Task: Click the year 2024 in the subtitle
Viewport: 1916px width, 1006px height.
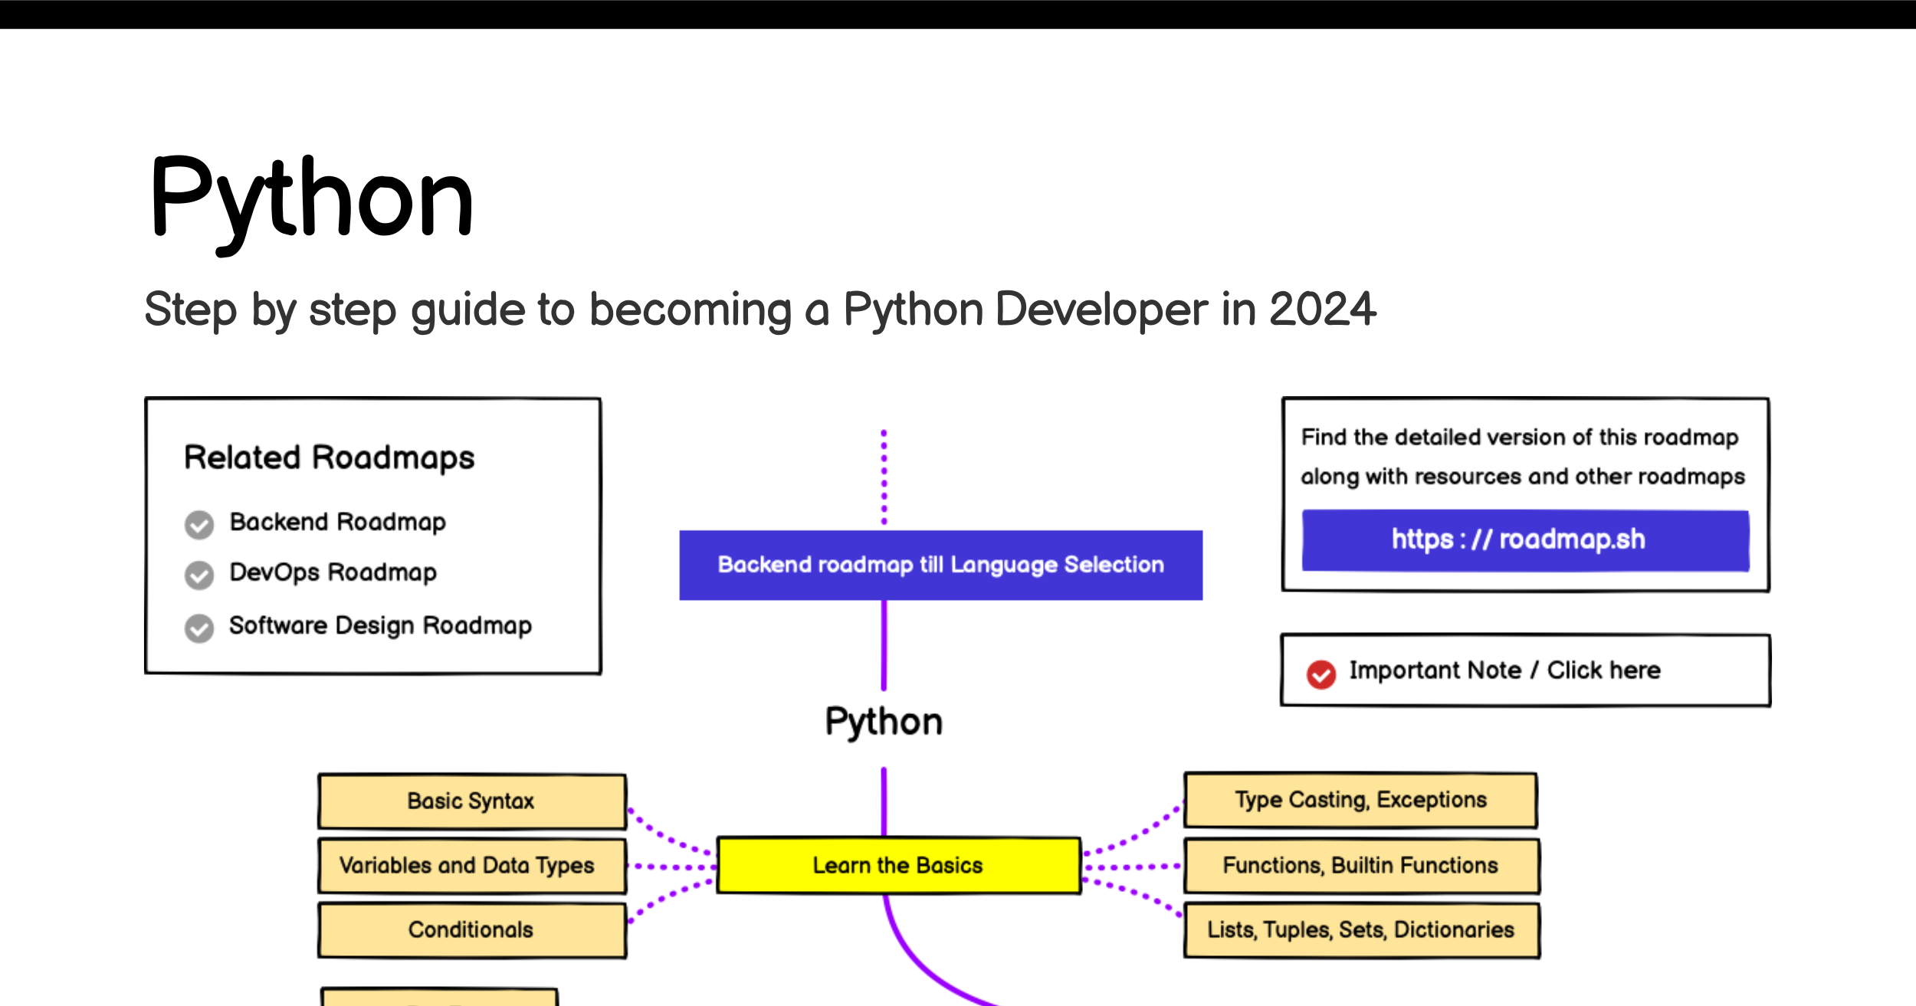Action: tap(1323, 310)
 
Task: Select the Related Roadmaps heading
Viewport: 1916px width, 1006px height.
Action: tap(330, 457)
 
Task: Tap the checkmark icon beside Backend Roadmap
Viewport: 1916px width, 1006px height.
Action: tap(199, 525)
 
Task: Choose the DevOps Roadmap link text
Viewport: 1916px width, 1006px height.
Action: tap(333, 572)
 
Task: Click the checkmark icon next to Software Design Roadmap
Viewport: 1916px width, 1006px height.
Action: tap(199, 628)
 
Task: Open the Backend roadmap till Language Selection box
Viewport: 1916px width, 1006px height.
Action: tap(941, 565)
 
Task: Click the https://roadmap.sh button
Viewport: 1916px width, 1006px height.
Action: tap(1525, 539)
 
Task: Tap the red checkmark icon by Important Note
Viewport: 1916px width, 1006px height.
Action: tap(1321, 674)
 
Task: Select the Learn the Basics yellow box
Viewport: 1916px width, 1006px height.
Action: tap(898, 865)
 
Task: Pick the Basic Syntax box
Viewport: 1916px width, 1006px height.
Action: tap(472, 801)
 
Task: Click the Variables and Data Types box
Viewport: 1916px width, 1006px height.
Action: tap(472, 866)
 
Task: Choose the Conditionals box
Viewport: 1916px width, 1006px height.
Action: tap(472, 930)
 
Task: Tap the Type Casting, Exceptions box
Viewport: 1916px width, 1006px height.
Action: tap(1361, 800)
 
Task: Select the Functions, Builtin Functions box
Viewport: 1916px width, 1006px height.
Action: tap(1361, 866)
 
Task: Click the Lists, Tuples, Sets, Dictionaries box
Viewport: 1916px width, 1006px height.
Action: tap(1361, 930)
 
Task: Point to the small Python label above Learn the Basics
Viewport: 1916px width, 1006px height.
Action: tap(884, 723)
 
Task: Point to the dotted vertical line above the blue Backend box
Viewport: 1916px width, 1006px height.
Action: tap(884, 477)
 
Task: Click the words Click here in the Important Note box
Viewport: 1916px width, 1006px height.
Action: tap(1604, 670)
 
